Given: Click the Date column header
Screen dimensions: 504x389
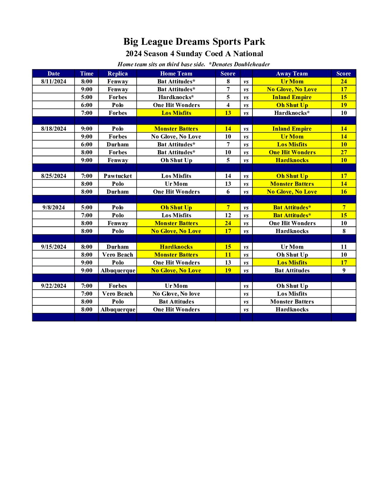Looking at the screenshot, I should (x=54, y=73).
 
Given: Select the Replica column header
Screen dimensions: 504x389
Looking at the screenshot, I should (x=118, y=73).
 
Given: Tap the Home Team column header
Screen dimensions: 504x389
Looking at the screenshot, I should (x=176, y=73).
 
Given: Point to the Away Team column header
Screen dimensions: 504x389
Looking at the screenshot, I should (x=292, y=73).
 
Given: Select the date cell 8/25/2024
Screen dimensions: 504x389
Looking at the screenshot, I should (x=54, y=176).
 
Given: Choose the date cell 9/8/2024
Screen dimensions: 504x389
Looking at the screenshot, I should (x=54, y=207).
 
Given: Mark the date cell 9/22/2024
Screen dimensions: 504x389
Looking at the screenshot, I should (x=54, y=286).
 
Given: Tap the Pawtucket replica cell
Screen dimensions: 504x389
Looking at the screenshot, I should (x=118, y=176).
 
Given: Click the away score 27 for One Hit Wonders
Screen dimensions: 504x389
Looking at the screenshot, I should (x=344, y=152).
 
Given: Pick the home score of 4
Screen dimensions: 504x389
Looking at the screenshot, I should (x=228, y=105).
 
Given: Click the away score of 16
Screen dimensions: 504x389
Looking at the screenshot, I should (x=344, y=192).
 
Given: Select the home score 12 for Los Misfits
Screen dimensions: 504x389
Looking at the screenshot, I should (x=228, y=215).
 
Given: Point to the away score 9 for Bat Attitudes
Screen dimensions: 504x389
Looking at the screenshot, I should (x=344, y=270).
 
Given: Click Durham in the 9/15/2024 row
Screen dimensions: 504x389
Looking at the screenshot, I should (x=118, y=247).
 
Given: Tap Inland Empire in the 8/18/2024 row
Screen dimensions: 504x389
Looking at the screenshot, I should (x=292, y=129).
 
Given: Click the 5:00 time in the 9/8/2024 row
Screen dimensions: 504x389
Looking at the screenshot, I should (x=87, y=207).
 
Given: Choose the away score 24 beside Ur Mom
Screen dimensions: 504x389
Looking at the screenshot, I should (x=344, y=81).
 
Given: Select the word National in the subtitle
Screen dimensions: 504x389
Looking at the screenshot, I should (x=248, y=54).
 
